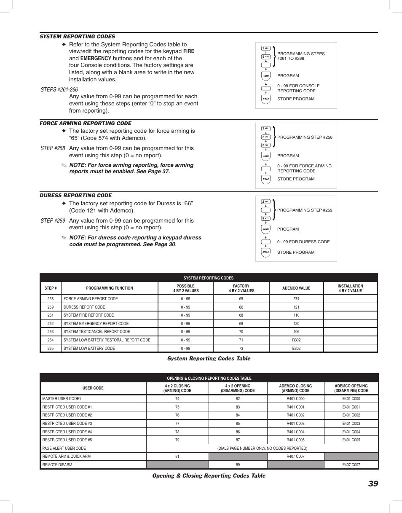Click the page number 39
click(x=373, y=484)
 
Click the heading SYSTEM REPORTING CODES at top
click(x=77, y=37)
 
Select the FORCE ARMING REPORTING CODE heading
click(x=86, y=124)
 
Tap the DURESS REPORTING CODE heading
click(x=76, y=196)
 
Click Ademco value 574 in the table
click(x=296, y=299)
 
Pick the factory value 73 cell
click(x=241, y=349)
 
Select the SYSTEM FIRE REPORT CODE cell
click(x=88, y=315)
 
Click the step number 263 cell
click(x=51, y=332)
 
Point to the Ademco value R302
click(x=296, y=340)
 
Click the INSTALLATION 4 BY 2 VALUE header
click(x=350, y=288)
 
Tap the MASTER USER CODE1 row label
click(x=62, y=399)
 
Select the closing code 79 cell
click(x=177, y=440)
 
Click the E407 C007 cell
click(x=351, y=465)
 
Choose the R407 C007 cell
click(x=295, y=457)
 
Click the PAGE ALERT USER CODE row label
click(x=64, y=449)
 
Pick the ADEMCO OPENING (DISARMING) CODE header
click(x=351, y=388)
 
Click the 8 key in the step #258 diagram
click(x=265, y=145)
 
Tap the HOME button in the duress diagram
click(x=265, y=230)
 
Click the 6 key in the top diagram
click(x=265, y=57)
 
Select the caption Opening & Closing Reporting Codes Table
click(x=209, y=476)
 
